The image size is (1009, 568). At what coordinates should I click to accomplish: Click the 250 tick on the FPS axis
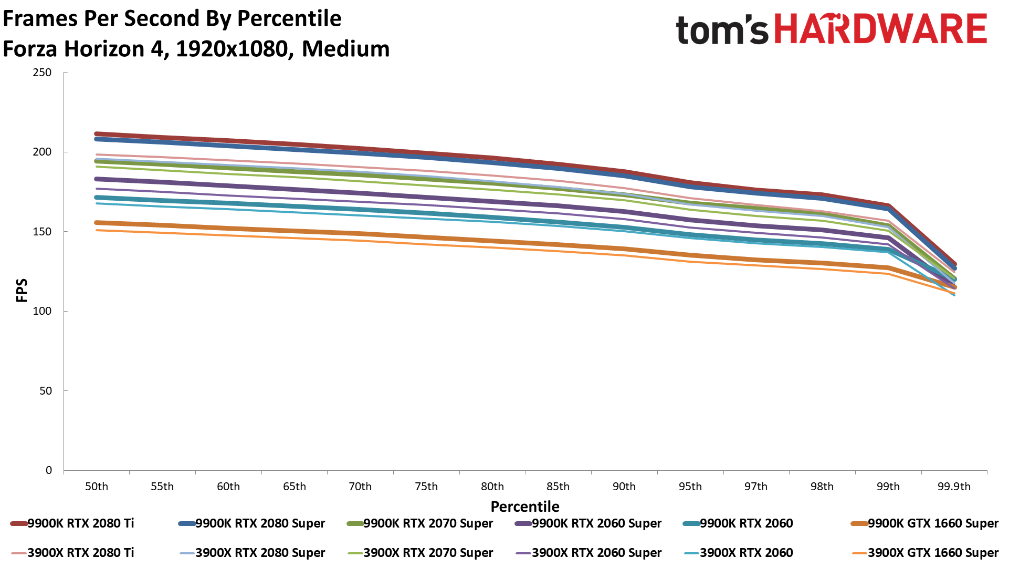[x=42, y=73]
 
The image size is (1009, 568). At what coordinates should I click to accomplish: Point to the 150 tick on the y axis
[x=42, y=232]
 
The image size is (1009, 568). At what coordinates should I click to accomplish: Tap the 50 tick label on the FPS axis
[x=45, y=391]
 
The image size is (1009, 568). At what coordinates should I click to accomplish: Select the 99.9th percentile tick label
[x=954, y=487]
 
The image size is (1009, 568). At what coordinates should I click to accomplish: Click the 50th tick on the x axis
[x=97, y=487]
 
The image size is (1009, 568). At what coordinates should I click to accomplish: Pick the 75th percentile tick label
[x=426, y=487]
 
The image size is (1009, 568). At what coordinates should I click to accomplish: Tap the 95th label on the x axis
[x=690, y=487]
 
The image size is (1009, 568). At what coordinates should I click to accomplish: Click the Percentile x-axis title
[x=525, y=507]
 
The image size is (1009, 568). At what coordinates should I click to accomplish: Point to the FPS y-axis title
[x=22, y=291]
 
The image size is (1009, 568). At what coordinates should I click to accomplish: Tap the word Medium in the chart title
[x=345, y=49]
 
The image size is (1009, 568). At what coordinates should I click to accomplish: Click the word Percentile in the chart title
[x=289, y=18]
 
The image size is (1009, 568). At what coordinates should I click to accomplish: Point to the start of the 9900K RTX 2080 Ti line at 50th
[x=97, y=134]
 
